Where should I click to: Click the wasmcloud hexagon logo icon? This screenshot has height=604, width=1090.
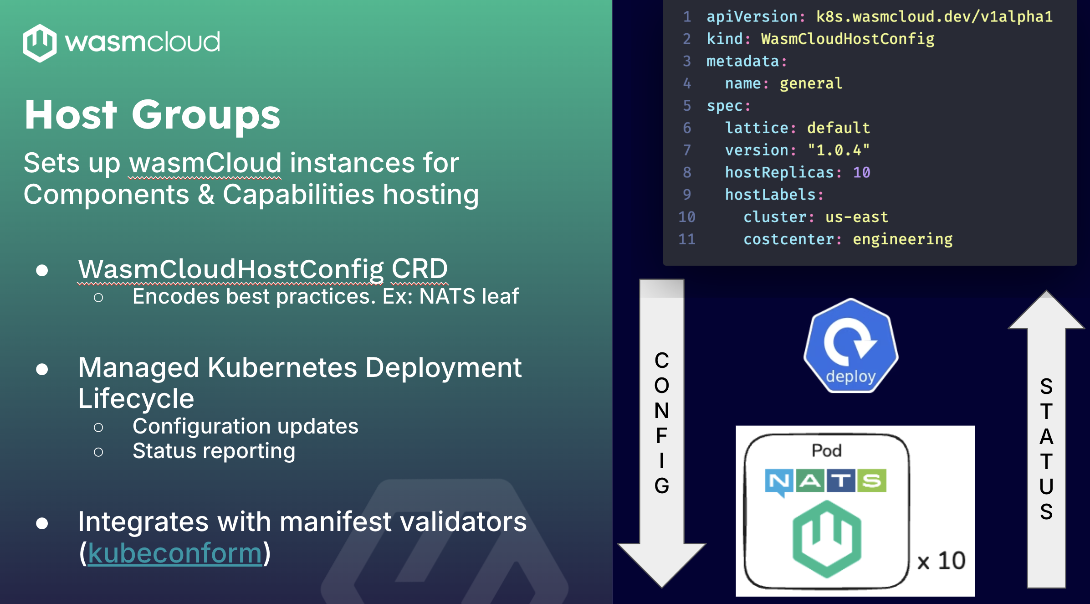(40, 43)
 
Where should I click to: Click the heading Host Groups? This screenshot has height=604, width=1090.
(152, 115)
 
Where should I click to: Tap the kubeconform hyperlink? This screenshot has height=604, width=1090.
(175, 553)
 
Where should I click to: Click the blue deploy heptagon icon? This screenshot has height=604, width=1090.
(850, 346)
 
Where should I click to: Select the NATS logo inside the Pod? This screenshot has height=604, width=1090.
(825, 481)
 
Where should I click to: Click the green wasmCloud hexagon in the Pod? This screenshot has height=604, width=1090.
(827, 538)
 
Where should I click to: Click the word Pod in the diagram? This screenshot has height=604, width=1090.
(826, 450)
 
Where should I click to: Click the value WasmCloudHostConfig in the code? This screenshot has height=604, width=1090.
(847, 39)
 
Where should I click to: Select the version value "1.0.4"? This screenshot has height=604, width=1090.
(838, 150)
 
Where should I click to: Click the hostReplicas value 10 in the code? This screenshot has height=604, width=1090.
(861, 172)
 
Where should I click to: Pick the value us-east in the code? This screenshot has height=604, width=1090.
(856, 217)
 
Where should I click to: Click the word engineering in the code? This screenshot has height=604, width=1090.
(902, 239)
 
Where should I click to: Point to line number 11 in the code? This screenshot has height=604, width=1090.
(686, 239)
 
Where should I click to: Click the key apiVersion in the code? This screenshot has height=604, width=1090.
(752, 17)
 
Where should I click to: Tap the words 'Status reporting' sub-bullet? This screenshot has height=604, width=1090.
(214, 451)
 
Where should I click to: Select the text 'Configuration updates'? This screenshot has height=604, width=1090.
(245, 427)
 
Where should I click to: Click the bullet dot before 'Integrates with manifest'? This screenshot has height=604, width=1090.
(42, 523)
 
